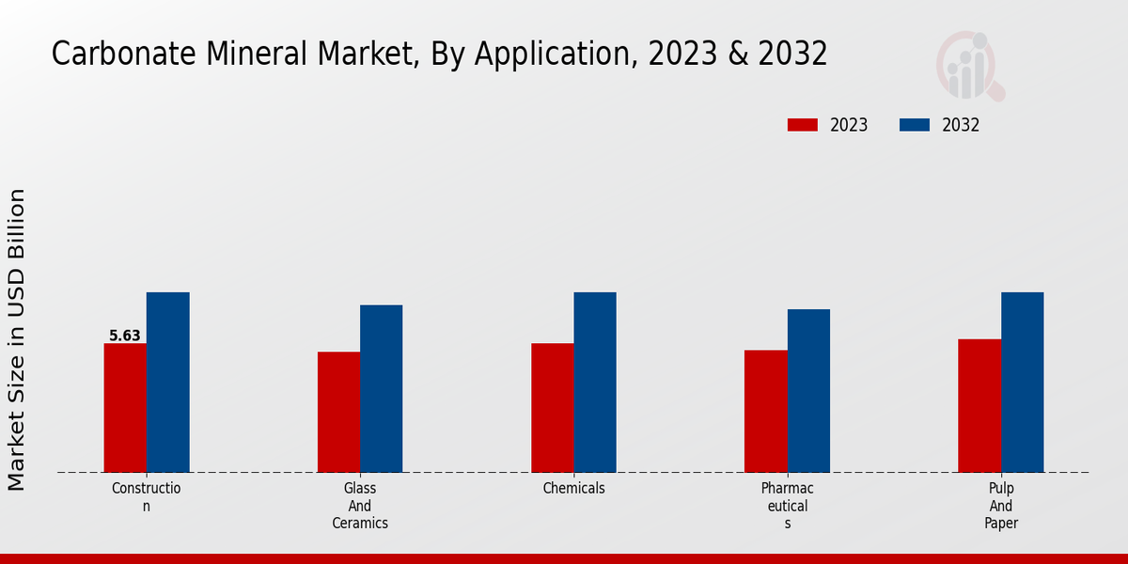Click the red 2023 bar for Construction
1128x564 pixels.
pyautogui.click(x=125, y=408)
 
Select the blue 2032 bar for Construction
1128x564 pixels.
pyautogui.click(x=167, y=383)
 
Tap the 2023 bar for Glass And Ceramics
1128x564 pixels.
pyautogui.click(x=338, y=412)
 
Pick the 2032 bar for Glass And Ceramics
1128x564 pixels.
pyautogui.click(x=381, y=388)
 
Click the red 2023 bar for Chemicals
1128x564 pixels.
pyautogui.click(x=552, y=408)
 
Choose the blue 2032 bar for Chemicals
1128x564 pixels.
pyautogui.click(x=595, y=383)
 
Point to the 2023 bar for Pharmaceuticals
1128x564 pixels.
pyautogui.click(x=766, y=411)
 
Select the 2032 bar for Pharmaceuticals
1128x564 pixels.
pyautogui.click(x=808, y=391)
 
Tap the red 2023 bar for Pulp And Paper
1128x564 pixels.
pyautogui.click(x=979, y=405)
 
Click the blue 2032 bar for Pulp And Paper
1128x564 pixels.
pyautogui.click(x=1022, y=383)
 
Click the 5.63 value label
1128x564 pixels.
pyautogui.click(x=125, y=336)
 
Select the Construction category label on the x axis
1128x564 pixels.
pyautogui.click(x=146, y=497)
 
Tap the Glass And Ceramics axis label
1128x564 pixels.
pyautogui.click(x=360, y=506)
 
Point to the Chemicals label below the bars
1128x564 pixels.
pyautogui.click(x=573, y=489)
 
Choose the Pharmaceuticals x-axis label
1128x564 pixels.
pyautogui.click(x=788, y=506)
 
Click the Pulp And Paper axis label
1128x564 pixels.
pyautogui.click(x=1001, y=506)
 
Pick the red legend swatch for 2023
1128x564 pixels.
pyautogui.click(x=802, y=125)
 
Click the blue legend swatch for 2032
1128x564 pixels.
pyautogui.click(x=915, y=125)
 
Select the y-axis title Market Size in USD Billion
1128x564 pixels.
pyautogui.click(x=17, y=338)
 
